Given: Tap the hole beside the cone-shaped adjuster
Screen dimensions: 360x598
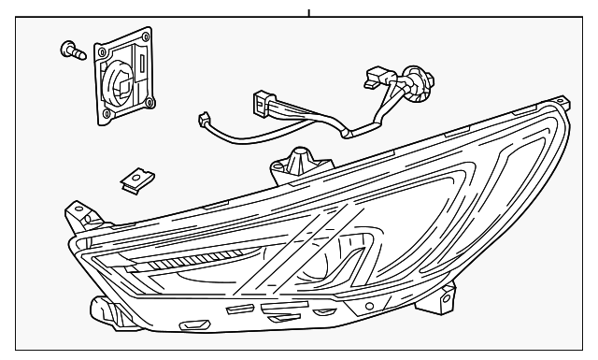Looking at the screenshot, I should tap(278, 168).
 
